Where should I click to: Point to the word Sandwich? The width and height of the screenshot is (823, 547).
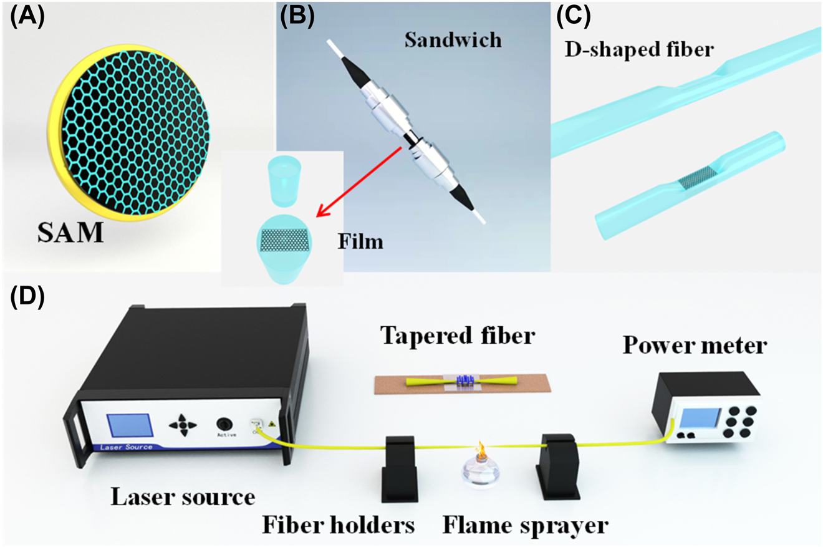[x=451, y=39]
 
